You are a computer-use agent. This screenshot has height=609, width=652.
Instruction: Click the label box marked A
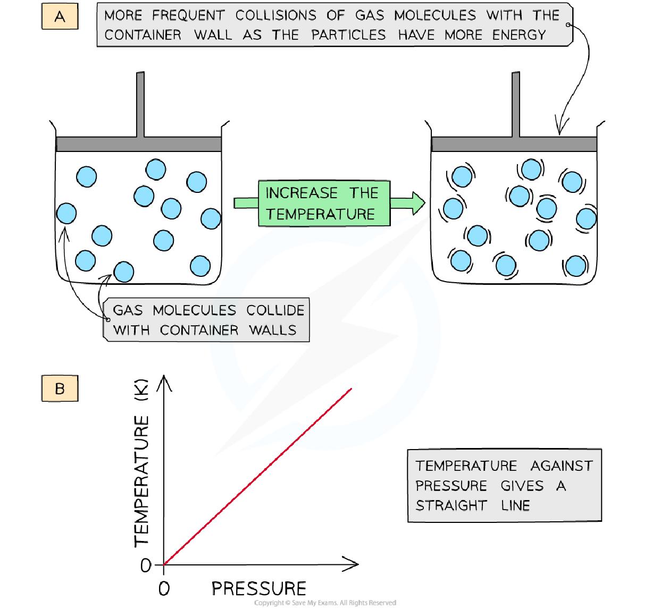60,17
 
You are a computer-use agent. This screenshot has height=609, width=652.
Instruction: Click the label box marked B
60,388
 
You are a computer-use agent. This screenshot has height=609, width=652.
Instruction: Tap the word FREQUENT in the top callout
188,15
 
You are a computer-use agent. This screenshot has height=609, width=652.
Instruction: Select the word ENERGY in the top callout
519,35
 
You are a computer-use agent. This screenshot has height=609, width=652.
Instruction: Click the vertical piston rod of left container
140,104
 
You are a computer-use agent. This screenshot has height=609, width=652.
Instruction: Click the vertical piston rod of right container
515,104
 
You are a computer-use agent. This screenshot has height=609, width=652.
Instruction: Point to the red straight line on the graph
258,476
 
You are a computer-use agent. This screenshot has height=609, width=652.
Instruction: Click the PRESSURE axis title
259,588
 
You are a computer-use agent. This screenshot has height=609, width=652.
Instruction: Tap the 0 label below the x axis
164,588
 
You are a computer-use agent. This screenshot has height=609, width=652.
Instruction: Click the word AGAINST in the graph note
561,466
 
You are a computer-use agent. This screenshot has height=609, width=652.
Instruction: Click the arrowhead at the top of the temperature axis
164,381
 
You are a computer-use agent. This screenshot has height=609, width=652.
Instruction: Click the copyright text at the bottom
325,603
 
